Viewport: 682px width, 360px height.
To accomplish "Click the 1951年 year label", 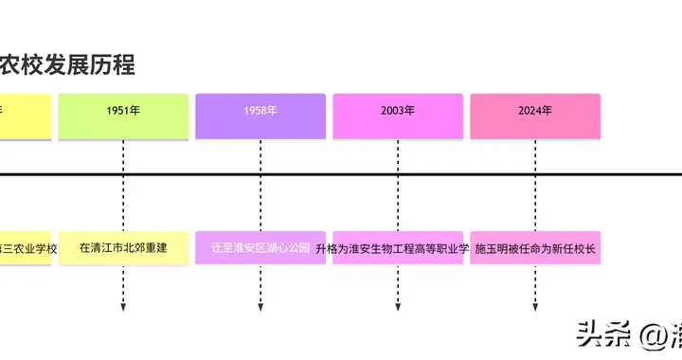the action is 123,111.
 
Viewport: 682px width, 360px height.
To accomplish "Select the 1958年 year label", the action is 260,111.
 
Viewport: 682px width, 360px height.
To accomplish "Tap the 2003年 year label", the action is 398,111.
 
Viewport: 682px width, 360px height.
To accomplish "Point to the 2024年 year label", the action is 535,111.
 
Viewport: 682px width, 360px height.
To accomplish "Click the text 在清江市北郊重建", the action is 123,248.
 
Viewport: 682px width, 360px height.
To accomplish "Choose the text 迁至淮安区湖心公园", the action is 260,248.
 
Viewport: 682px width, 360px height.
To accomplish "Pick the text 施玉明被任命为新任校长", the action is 535,248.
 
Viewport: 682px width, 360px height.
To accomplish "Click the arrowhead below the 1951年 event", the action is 123,307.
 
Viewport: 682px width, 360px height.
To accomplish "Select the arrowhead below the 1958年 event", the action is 260,307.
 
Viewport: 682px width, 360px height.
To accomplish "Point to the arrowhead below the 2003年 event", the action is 398,307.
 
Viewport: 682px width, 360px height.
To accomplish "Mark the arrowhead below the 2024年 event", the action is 535,307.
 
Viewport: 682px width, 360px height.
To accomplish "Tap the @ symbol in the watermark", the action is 651,336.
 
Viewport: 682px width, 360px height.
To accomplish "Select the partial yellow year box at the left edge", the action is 25,114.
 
